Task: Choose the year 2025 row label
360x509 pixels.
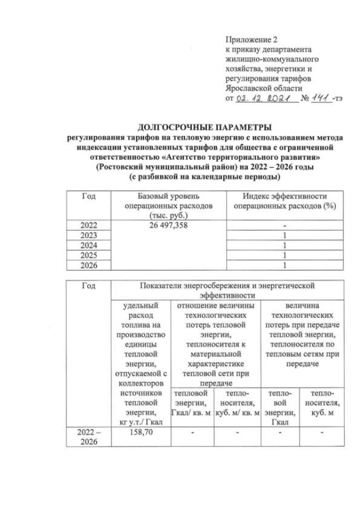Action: (x=89, y=255)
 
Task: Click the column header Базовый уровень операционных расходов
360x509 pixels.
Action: (x=169, y=205)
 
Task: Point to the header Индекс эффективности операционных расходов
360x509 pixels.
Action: (x=285, y=201)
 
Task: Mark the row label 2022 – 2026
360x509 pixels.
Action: (x=89, y=437)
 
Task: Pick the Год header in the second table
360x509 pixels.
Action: (x=89, y=286)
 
